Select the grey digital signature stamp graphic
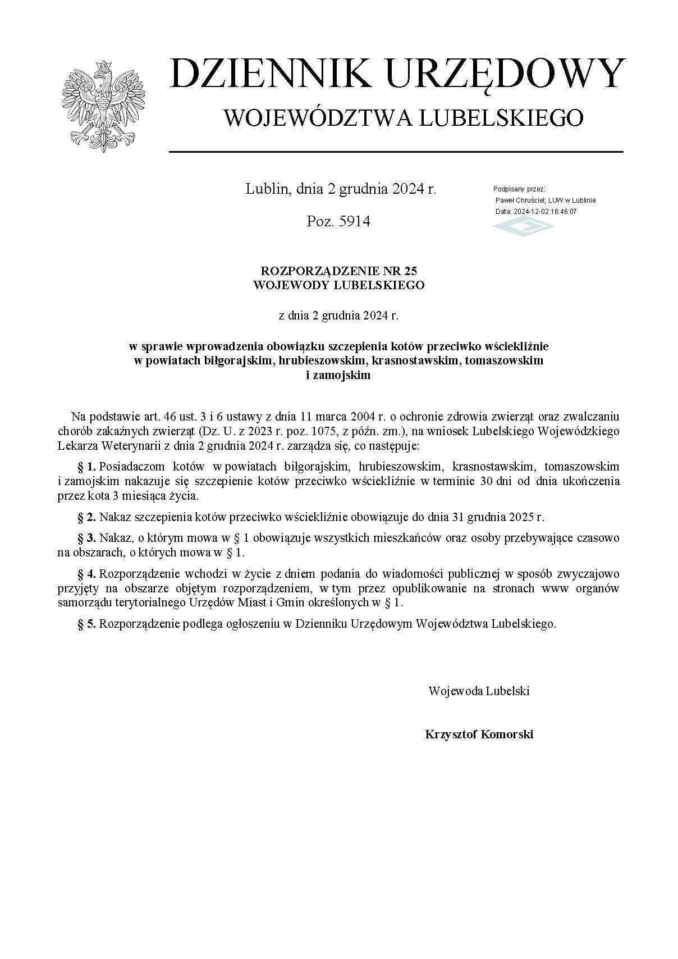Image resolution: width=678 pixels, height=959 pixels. [523, 227]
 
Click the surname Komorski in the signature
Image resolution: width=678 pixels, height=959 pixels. [507, 734]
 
